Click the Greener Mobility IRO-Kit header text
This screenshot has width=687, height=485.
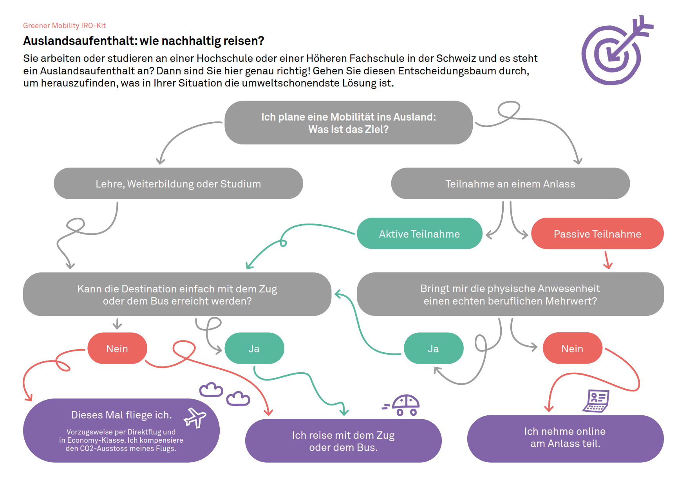(64, 25)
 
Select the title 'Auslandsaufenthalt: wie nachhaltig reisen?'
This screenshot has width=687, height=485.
(143, 41)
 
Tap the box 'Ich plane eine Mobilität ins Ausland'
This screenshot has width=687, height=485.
(348, 123)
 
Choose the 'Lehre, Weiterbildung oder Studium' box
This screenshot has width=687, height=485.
(178, 184)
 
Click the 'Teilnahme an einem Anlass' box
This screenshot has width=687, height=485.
(510, 184)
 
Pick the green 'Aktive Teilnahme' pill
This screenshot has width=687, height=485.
(419, 234)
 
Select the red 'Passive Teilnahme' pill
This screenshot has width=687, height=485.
(597, 234)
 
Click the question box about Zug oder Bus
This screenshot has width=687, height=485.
(177, 294)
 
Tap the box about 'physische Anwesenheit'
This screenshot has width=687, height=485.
(510, 294)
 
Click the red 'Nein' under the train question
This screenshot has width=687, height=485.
(117, 348)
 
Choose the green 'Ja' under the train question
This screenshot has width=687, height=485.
(254, 348)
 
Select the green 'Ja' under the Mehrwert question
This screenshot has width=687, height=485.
(433, 348)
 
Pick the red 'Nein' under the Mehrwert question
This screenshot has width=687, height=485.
(572, 348)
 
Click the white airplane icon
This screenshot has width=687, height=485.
(195, 418)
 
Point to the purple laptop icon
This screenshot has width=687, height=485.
(596, 401)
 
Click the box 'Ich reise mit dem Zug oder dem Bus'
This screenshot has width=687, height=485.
(343, 441)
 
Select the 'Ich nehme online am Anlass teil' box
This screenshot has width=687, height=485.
(565, 438)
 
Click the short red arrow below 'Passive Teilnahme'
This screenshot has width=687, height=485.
(607, 260)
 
